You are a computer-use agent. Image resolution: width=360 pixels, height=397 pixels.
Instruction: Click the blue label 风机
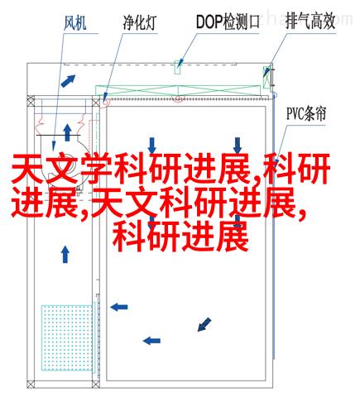75,22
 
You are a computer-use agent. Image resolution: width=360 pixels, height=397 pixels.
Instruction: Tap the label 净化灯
140,22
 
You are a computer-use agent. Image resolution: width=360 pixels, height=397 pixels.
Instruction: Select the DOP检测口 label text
228,22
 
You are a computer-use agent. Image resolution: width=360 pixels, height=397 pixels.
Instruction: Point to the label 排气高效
310,21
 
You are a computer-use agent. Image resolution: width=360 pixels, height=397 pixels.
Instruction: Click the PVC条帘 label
306,113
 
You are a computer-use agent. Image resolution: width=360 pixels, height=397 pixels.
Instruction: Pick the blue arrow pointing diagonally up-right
68,81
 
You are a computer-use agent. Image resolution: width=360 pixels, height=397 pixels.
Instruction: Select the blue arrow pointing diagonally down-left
204,324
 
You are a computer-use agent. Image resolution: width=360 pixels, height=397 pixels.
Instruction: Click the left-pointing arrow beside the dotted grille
119,307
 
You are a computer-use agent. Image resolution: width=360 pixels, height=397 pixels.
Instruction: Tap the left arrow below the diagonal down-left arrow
151,341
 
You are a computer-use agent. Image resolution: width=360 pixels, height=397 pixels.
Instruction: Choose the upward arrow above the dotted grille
65,254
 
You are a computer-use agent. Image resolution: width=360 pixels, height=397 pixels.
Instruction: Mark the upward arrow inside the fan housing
67,132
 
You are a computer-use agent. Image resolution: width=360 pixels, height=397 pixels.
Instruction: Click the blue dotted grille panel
67,337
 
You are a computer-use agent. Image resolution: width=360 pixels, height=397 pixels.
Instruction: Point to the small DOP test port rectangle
177,68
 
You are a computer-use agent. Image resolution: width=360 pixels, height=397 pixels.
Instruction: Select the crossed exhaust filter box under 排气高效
266,77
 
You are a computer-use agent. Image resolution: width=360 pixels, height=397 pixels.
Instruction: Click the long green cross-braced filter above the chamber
178,91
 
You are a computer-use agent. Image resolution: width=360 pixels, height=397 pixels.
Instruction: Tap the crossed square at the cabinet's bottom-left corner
31,384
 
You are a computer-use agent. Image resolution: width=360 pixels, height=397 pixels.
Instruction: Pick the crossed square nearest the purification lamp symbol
96,103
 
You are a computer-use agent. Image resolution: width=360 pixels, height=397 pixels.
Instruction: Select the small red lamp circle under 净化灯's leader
105,103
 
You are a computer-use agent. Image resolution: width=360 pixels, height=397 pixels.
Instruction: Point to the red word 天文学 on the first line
61,169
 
